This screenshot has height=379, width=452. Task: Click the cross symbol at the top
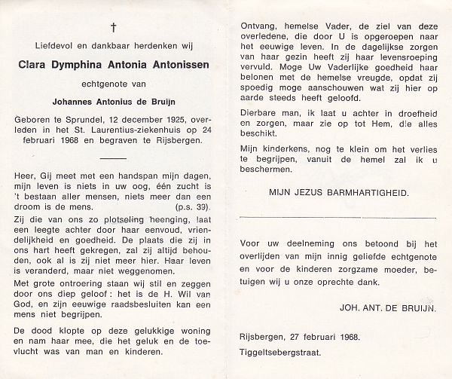(x=114, y=28)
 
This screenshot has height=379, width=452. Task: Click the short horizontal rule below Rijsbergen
(x=113, y=160)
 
